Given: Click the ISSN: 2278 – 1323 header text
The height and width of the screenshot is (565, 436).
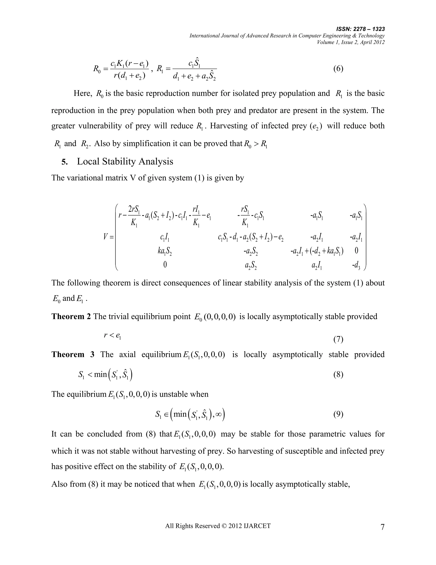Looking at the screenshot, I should click(361, 29).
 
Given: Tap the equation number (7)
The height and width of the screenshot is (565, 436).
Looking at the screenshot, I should click(338, 339).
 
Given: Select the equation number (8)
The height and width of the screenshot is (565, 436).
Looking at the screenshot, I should click(338, 375).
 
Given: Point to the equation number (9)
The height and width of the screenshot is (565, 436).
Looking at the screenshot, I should click(338, 414).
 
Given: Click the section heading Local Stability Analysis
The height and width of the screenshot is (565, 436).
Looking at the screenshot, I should click(125, 161).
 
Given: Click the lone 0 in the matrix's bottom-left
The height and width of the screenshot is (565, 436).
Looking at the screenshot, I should click(165, 265).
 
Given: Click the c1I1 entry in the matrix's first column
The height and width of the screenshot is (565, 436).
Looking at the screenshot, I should click(165, 237).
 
